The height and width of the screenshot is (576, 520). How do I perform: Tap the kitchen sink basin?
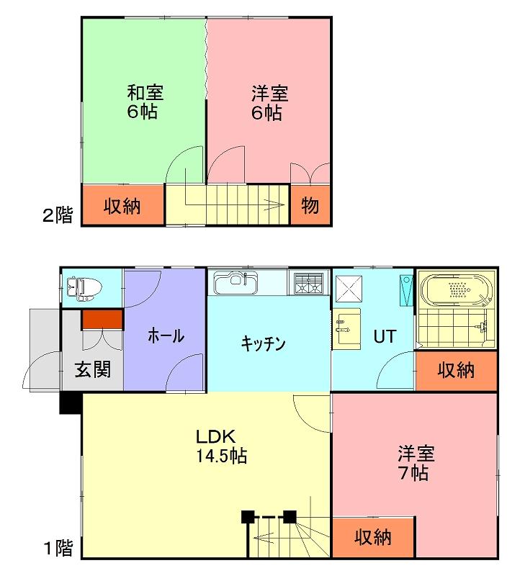point(236,283)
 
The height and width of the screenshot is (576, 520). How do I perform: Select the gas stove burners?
point(308,284)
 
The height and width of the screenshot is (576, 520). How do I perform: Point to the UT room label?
point(385,336)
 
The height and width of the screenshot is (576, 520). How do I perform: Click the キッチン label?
point(263,344)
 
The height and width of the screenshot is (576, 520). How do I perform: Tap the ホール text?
point(166,336)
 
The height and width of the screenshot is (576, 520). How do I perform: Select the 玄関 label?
point(93,369)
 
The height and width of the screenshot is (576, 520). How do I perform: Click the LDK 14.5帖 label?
point(222,446)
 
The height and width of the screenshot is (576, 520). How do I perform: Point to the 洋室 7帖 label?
point(416,463)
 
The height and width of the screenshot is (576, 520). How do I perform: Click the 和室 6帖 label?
point(145,102)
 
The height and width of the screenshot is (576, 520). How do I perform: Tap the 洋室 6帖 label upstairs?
point(269,103)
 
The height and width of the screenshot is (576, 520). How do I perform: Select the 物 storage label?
point(310,205)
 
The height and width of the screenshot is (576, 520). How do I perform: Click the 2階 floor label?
point(58,215)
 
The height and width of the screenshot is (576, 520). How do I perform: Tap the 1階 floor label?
point(58,549)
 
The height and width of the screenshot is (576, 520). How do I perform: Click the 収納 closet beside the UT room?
point(456,370)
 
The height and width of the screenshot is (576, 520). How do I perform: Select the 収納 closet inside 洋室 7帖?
point(373,538)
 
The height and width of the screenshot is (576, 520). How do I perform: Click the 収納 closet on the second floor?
point(122,205)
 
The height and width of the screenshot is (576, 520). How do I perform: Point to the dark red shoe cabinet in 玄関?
point(102,320)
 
